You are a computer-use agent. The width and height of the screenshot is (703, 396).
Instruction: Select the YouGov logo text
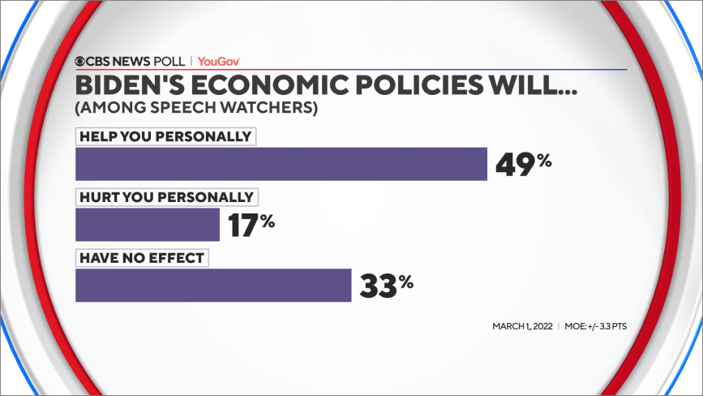click(x=219, y=61)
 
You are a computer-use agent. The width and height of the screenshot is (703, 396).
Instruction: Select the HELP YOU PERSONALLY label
click(x=165, y=136)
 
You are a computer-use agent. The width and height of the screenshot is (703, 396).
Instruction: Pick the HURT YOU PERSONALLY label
click(x=165, y=197)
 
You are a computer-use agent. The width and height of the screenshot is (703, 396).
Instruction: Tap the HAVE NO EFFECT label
click(x=141, y=258)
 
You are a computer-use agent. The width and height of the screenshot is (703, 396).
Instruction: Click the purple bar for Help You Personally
click(x=281, y=163)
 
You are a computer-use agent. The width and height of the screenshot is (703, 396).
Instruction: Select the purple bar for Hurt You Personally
click(x=147, y=224)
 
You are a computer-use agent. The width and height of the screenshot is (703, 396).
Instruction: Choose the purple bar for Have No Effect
click(x=212, y=285)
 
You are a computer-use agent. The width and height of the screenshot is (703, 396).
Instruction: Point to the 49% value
click(x=523, y=164)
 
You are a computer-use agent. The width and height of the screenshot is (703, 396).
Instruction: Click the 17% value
click(x=251, y=225)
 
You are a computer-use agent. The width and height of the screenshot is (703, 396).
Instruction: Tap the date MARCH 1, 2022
click(x=521, y=326)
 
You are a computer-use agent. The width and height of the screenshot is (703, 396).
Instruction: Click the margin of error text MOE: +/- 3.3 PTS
click(x=596, y=326)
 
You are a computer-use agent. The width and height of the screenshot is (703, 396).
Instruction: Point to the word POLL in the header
click(x=172, y=61)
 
